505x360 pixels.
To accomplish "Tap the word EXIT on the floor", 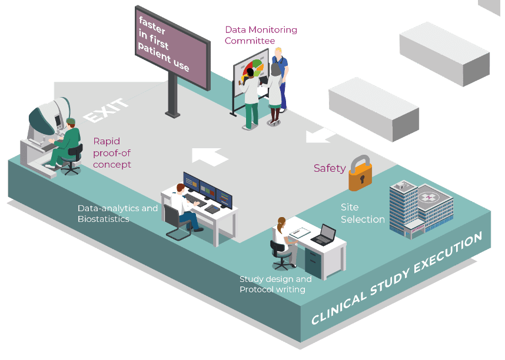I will (x=106, y=110).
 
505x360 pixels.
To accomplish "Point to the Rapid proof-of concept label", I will (x=111, y=152).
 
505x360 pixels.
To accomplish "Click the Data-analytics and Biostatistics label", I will (x=117, y=214).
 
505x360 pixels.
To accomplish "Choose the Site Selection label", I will (x=362, y=213).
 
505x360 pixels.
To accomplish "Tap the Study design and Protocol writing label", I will (x=275, y=284).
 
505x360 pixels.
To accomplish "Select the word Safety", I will (x=329, y=168).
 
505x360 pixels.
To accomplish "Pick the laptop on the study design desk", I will (x=323, y=235).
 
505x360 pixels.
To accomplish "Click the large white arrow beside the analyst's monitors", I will (x=210, y=155).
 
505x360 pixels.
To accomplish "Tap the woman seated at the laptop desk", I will (x=281, y=238).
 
